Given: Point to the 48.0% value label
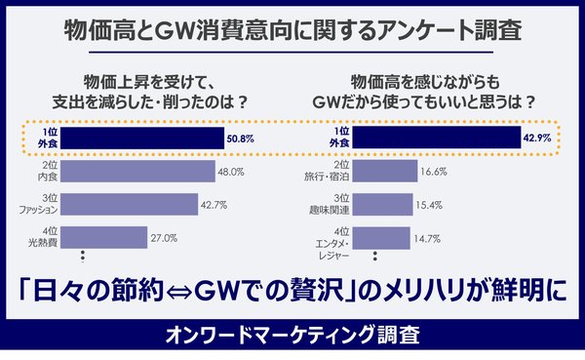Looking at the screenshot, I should pyautogui.click(x=230, y=172).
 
